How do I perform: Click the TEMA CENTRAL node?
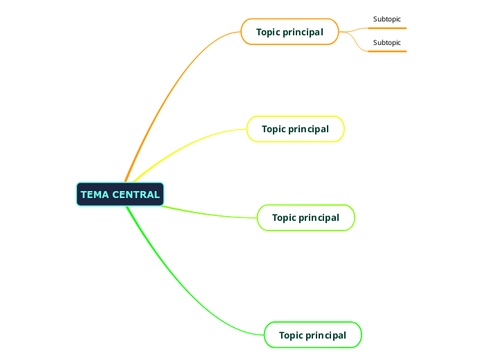coord(120,195)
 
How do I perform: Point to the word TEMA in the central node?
coord(94,195)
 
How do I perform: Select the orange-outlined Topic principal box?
coord(289,32)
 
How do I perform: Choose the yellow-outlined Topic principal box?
coord(295,129)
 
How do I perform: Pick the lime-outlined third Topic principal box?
coord(305,217)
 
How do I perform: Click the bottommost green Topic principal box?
coord(312,335)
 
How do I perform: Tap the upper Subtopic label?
coord(386,19)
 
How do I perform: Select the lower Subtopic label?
coord(386,42)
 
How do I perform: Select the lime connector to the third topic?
coord(208,213)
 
